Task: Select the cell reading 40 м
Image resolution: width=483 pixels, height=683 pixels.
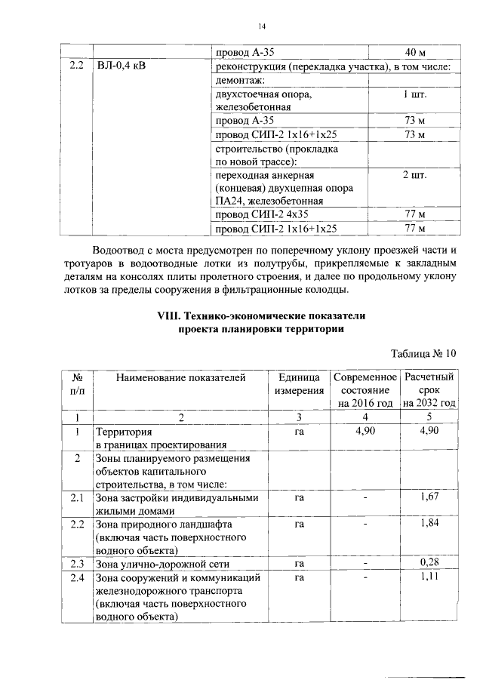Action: point(416,53)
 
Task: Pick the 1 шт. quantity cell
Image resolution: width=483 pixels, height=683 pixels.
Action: point(416,95)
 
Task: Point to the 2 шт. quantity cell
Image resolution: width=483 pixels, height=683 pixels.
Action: point(416,175)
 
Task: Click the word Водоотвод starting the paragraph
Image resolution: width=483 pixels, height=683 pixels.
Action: point(124,249)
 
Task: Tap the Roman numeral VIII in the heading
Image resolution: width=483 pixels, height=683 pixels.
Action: point(165,315)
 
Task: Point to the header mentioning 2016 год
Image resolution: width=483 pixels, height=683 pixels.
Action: point(366,390)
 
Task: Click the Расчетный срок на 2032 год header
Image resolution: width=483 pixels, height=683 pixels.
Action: point(429,390)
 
